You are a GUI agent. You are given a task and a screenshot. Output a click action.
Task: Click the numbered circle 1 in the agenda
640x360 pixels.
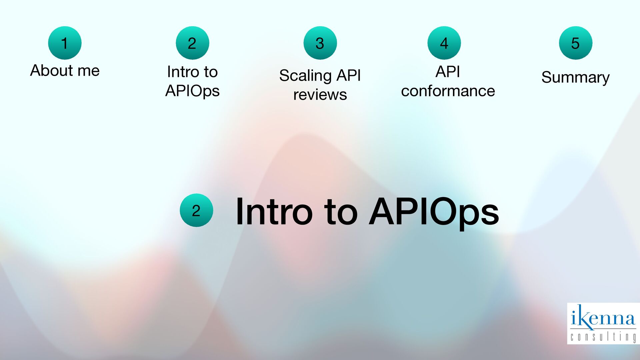click(x=65, y=43)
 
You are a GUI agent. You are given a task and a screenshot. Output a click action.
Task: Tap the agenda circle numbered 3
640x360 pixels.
click(x=320, y=43)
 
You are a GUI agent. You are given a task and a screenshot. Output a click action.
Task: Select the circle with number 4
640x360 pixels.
click(x=444, y=43)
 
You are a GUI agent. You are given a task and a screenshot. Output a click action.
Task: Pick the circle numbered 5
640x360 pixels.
click(x=575, y=43)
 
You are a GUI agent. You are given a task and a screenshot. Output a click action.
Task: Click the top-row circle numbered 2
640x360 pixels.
click(x=192, y=43)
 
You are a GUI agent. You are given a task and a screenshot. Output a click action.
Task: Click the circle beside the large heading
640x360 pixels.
click(x=196, y=210)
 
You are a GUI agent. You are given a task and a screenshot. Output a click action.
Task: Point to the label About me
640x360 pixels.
click(x=65, y=70)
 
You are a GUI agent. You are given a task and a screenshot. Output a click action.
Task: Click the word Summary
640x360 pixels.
click(x=575, y=77)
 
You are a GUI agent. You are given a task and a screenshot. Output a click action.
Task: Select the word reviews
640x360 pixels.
click(x=320, y=95)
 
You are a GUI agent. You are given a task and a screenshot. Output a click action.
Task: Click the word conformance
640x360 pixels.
click(x=448, y=91)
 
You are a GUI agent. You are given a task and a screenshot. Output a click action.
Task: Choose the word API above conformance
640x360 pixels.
click(x=448, y=72)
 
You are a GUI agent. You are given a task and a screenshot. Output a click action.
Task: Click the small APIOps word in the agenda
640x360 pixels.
click(x=192, y=91)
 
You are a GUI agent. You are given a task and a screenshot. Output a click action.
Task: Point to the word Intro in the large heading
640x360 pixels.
click(x=274, y=212)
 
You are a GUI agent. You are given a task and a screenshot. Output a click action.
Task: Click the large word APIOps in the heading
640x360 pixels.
click(x=434, y=212)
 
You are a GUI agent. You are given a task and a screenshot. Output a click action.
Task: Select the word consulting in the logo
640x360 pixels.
click(x=603, y=337)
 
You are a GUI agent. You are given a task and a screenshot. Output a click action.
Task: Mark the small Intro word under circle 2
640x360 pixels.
click(x=180, y=72)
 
